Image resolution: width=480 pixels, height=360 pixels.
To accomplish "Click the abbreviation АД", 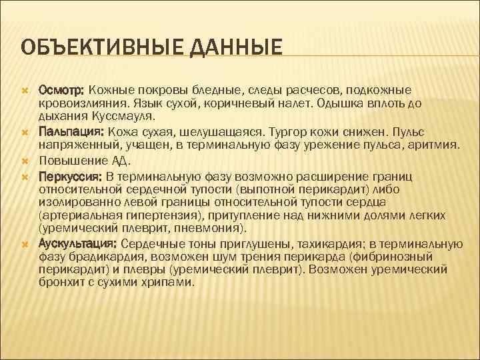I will pyautogui.click(x=119, y=160).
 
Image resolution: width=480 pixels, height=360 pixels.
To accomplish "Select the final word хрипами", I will pyautogui.click(x=171, y=283).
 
